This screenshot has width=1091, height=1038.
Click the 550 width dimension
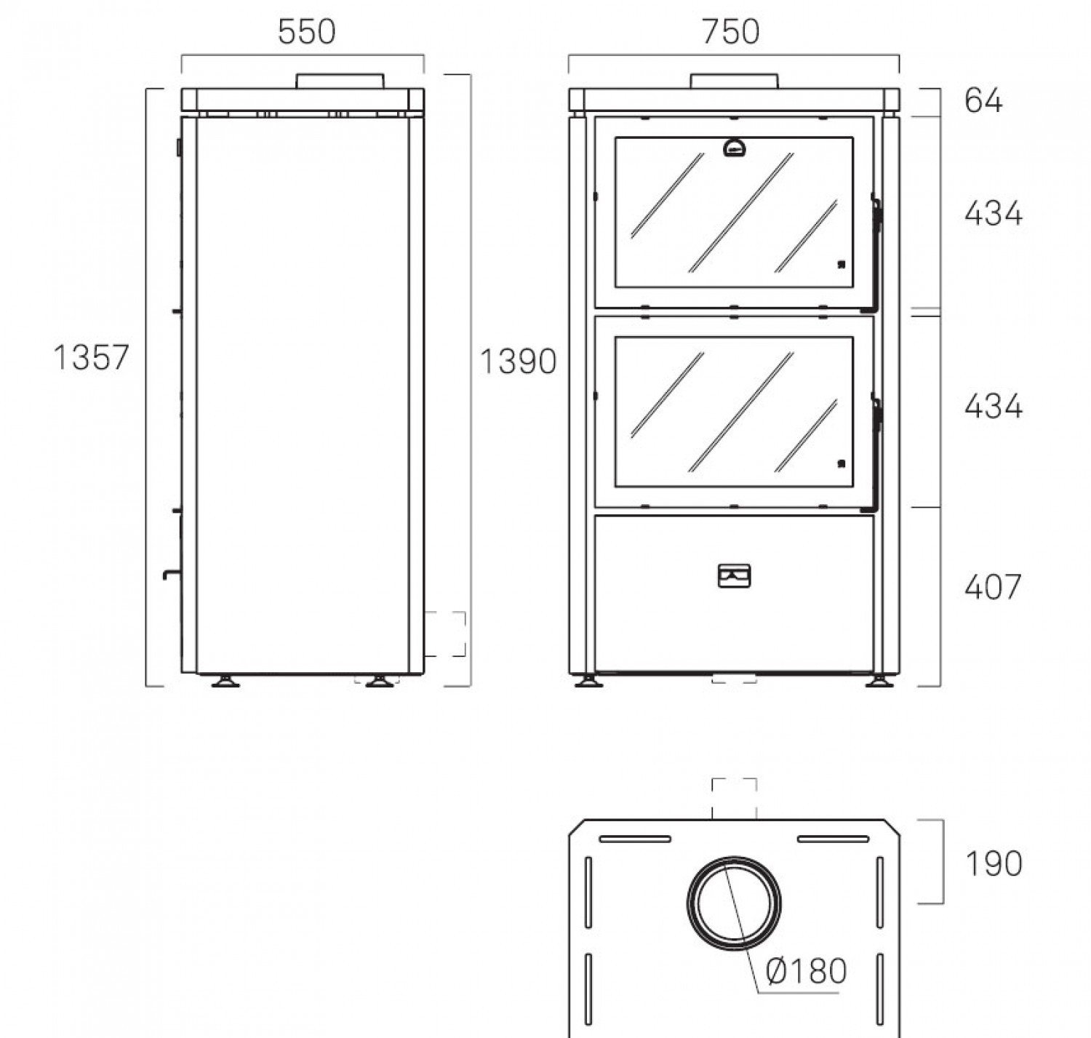(306, 31)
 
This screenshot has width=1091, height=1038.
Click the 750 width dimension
(730, 31)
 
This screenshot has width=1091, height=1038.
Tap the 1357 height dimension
(91, 357)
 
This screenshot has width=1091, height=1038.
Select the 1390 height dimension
(517, 362)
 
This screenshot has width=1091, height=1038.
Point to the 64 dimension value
(983, 101)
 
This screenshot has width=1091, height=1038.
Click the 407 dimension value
(993, 587)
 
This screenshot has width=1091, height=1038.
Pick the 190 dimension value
(994, 863)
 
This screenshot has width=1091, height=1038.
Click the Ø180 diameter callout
(806, 970)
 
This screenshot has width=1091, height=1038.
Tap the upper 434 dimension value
(994, 214)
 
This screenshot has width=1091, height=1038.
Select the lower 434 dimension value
(994, 407)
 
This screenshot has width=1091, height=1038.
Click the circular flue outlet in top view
(734, 903)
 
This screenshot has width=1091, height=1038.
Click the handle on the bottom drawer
(734, 575)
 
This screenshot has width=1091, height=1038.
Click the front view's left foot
(588, 681)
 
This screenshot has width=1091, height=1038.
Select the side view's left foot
(226, 681)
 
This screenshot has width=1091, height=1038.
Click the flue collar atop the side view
(340, 81)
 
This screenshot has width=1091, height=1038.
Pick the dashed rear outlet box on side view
(445, 634)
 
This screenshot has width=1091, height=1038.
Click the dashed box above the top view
(734, 799)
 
